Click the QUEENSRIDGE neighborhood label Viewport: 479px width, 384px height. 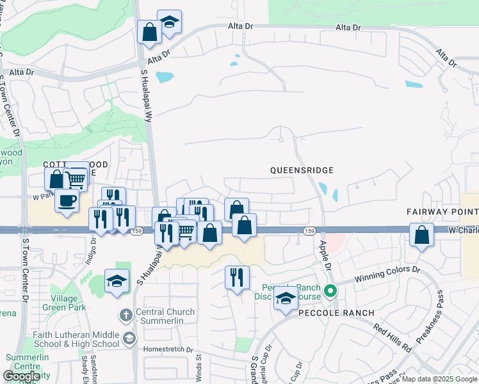[302, 170]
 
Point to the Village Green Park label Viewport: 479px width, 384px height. [64, 303]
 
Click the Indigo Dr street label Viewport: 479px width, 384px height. [93, 247]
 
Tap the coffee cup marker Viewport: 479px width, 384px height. [67, 202]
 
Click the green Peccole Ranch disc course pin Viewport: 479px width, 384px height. [330, 292]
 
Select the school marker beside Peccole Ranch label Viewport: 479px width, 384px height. [286, 300]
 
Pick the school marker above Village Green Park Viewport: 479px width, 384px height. [117, 282]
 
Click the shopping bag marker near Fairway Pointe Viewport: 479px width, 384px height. [422, 235]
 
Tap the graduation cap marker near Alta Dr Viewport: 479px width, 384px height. [169, 22]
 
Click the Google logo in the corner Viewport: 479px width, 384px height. [20, 376]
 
